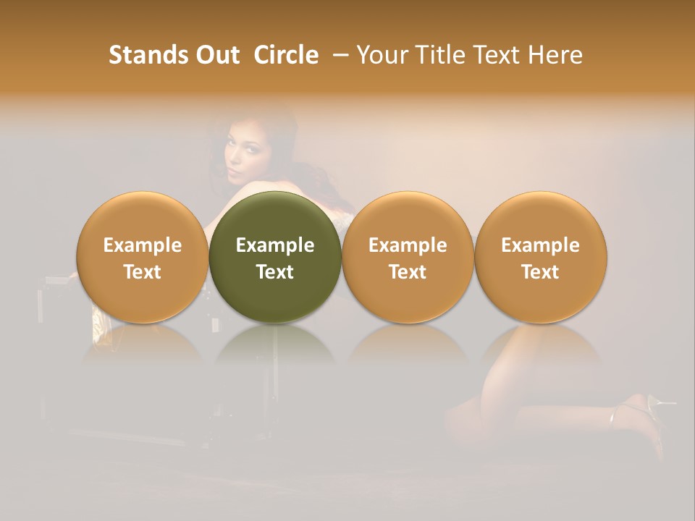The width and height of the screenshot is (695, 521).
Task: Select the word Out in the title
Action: (218, 55)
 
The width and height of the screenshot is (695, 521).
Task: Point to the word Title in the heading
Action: (434, 55)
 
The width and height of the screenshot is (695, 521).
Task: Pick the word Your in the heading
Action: (381, 55)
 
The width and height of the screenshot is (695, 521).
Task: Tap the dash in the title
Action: (338, 55)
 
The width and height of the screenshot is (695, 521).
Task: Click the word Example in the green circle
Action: (275, 245)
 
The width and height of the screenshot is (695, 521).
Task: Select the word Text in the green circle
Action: (275, 272)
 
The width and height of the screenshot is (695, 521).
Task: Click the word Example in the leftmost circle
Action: (143, 245)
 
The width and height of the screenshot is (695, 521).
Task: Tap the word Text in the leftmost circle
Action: (143, 272)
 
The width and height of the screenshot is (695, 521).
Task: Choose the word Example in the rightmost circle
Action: (540, 245)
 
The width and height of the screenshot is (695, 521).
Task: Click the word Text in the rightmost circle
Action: (540, 272)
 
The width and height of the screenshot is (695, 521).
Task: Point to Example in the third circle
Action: (408, 245)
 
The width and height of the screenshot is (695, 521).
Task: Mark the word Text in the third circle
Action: (408, 272)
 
